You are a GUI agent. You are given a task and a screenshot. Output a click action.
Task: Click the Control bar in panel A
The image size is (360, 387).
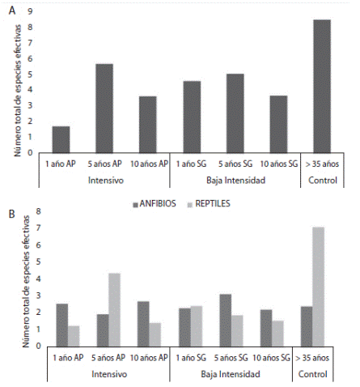(x=321, y=86)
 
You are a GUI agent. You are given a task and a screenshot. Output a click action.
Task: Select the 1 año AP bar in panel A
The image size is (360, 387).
(x=61, y=139)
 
